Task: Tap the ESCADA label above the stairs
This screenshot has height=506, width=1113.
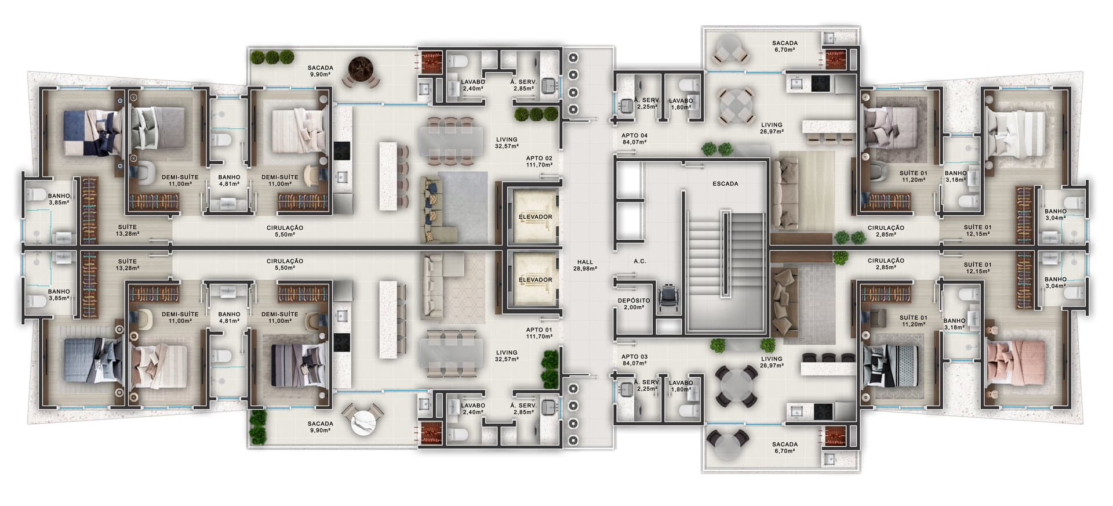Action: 725,184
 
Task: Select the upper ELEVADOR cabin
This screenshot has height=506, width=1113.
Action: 535,216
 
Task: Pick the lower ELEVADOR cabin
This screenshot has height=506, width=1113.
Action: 535,280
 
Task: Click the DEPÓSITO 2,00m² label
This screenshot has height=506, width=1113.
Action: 634,303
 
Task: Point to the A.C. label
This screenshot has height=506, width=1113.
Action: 640,261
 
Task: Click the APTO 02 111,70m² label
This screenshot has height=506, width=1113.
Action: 539,161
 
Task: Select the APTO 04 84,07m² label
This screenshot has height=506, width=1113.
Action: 634,139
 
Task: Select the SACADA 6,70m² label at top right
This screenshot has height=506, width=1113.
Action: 785,46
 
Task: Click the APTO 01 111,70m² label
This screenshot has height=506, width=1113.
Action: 539,332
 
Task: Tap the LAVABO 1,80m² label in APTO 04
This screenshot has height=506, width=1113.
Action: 681,103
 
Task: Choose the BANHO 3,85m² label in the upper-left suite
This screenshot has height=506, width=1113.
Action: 59,199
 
